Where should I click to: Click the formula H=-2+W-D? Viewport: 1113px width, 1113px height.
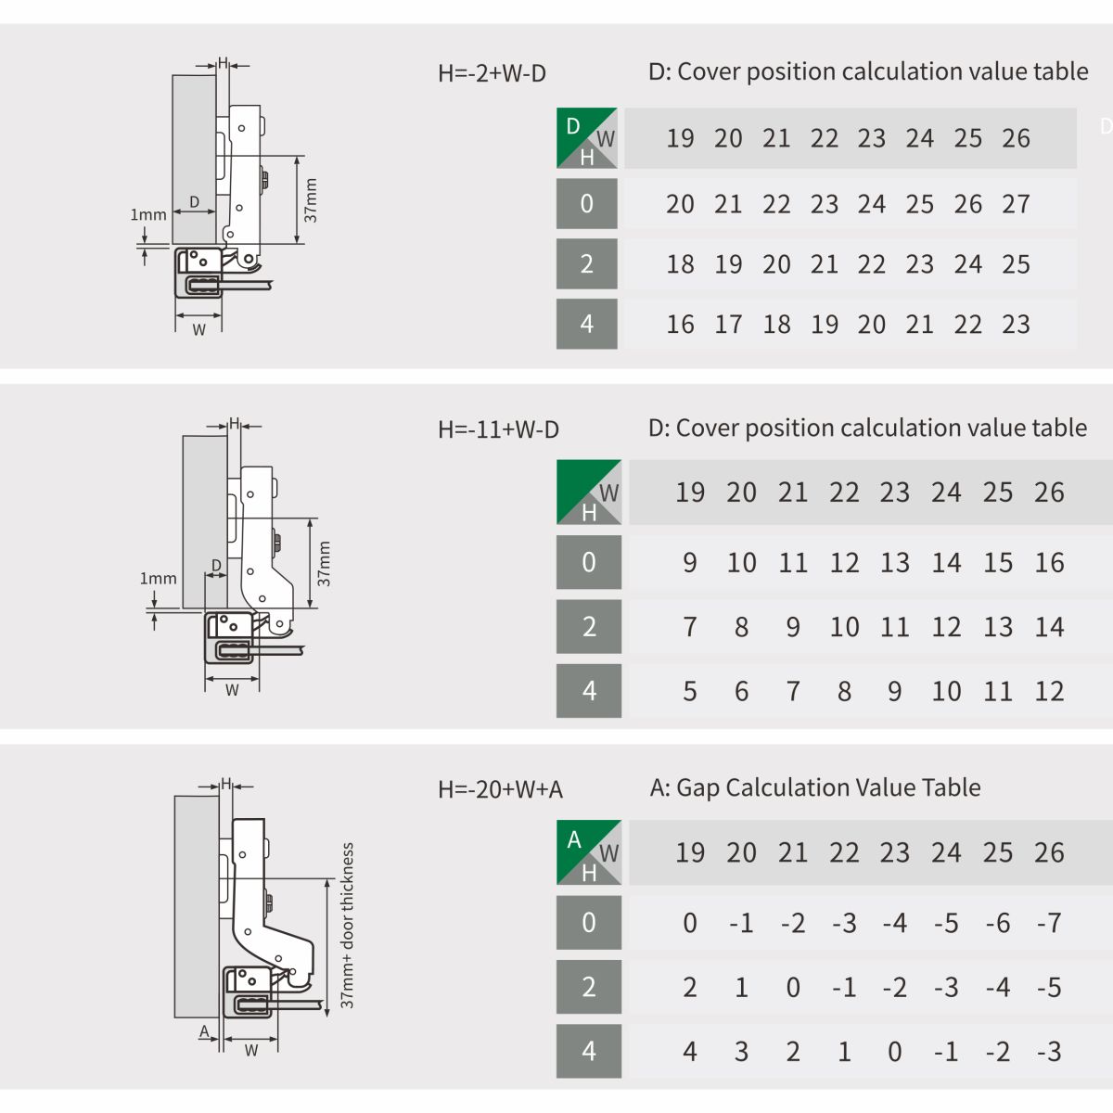coord(492,73)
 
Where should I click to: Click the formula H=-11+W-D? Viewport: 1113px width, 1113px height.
coord(498,429)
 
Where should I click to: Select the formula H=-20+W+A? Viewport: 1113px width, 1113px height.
coord(500,789)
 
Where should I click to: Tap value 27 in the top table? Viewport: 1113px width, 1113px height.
coord(1016,204)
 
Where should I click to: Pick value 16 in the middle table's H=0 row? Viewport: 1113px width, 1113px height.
coord(1049,563)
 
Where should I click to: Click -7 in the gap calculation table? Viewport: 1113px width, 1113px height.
coord(1049,922)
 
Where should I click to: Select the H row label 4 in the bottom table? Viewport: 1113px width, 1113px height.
coord(589,1051)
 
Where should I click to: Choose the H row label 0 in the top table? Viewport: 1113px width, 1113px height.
coord(586,203)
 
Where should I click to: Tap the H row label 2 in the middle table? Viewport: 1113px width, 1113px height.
coord(589,626)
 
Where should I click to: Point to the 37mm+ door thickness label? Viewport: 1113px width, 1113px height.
coord(347,926)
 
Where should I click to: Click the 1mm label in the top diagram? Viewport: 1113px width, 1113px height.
coord(147,215)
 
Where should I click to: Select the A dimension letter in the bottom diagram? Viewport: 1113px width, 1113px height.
coord(204,1031)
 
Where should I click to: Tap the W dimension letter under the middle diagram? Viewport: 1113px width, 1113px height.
coord(232,690)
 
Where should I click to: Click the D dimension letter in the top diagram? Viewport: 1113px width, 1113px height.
coord(195,201)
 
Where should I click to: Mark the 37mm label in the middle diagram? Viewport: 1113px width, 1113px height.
coord(324,564)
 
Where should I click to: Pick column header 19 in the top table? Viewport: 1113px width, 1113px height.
coord(680,138)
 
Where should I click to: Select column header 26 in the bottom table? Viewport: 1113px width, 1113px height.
coord(1049,852)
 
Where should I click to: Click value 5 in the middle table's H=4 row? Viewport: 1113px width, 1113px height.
coord(690,691)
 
